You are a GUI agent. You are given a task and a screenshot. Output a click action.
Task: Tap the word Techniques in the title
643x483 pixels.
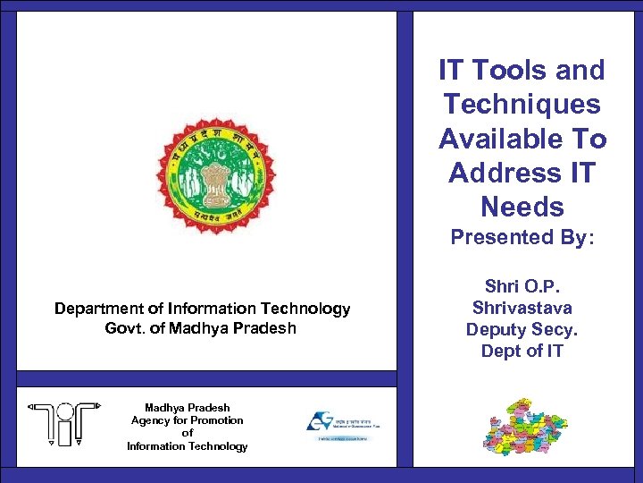(x=522, y=105)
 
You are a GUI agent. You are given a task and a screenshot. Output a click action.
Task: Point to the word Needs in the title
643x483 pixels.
(x=522, y=208)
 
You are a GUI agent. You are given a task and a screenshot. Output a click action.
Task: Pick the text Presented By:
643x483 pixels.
(x=522, y=238)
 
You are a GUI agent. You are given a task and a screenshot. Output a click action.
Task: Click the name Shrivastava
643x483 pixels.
(x=522, y=309)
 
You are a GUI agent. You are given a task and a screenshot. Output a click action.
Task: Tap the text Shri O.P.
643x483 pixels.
(x=522, y=287)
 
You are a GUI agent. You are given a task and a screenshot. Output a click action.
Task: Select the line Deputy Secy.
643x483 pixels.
(x=522, y=329)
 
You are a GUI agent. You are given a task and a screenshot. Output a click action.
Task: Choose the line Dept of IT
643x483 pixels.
(x=522, y=351)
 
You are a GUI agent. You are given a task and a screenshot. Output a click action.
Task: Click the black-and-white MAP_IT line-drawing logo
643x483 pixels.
(x=57, y=423)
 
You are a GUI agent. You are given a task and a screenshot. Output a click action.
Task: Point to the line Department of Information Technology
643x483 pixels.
(x=202, y=309)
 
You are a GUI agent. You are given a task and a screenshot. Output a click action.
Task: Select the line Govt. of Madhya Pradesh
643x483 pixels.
(x=200, y=328)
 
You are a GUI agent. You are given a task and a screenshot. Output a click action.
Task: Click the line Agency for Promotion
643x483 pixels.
(x=187, y=420)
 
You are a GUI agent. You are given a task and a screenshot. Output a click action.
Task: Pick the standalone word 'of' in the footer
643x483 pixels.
(x=187, y=433)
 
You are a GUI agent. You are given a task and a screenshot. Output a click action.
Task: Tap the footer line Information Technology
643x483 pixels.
(x=187, y=446)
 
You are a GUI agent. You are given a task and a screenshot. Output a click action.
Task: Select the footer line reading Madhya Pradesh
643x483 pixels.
(x=187, y=408)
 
